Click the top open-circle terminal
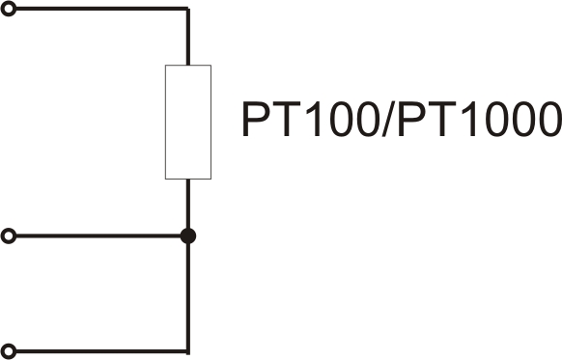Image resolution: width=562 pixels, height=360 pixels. pos(9,9)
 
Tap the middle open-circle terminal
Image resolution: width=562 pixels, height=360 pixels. pos(9,236)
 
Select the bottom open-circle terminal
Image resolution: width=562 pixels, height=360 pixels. pos(9,351)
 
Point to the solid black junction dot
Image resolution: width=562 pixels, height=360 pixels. pos(188,236)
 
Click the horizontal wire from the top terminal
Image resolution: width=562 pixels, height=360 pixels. pos(102,9)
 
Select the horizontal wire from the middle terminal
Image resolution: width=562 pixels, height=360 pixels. pos(98,236)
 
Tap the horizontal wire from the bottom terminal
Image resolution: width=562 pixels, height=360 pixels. pos(102,351)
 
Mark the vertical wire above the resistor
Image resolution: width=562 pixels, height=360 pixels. pos(188,37)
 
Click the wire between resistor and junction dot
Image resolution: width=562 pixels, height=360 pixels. pos(188,204)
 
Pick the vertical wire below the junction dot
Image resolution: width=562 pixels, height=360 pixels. pos(188,299)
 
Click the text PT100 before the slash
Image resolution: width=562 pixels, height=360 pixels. pos(310,119)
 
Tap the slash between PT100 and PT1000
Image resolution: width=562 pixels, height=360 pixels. pos(388,119)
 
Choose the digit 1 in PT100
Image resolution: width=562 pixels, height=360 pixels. pos(314,119)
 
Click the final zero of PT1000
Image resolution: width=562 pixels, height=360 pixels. pos(548,119)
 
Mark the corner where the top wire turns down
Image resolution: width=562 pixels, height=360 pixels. pos(188,9)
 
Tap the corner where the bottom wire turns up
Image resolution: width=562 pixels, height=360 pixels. pos(188,351)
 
